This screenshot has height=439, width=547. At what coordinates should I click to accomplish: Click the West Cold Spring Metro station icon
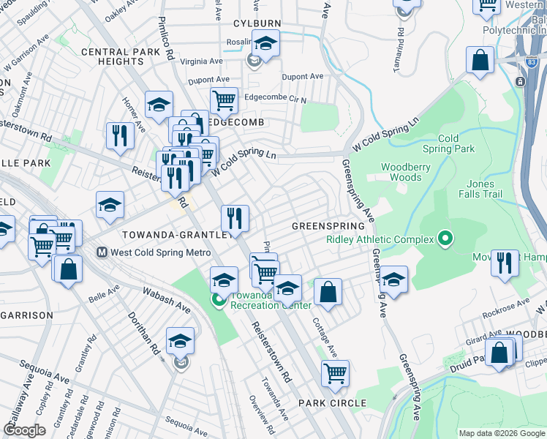point(103,252)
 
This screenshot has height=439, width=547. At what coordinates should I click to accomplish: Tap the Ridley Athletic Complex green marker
point(443,239)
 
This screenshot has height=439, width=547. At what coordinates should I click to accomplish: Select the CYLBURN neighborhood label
point(257,23)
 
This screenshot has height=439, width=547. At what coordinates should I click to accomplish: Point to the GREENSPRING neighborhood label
point(323,226)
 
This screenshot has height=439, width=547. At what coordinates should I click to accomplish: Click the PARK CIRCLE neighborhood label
point(332,403)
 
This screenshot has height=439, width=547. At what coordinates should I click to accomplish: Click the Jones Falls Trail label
point(481,189)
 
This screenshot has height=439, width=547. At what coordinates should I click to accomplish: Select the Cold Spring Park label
point(458,143)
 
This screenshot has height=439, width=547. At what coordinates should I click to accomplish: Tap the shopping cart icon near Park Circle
point(335,372)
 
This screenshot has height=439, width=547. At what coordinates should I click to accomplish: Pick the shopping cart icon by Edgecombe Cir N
point(224,100)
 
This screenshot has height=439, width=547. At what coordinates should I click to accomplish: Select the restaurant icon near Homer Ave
point(119,135)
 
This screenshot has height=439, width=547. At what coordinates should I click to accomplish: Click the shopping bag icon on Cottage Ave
point(328,292)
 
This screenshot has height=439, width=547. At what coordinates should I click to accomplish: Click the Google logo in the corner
point(24,430)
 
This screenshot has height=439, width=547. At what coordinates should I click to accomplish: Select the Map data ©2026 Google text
point(502,433)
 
